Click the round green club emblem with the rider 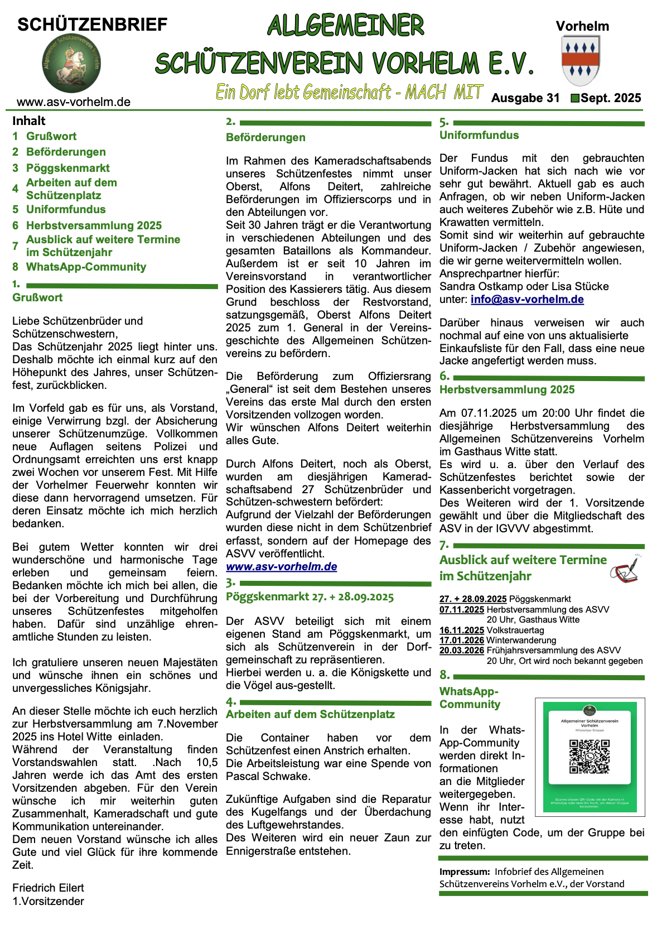pos(71,62)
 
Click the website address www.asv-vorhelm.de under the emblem pos(74,102)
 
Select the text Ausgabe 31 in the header pos(525,98)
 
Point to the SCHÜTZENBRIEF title pos(92,25)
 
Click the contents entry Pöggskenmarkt pos(67,168)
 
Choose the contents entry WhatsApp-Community pos(86,267)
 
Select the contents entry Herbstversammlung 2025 pos(94,225)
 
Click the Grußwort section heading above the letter pos(37,297)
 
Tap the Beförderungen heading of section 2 pos(265,137)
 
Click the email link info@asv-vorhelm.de pos(527,300)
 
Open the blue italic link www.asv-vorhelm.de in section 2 pos(281,567)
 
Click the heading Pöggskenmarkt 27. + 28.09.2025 pos(310,597)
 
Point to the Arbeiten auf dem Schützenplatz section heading pos(310,714)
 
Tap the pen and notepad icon pos(625,569)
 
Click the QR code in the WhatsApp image pos(589,756)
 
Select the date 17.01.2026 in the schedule pos(462,641)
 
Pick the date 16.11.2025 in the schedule pos(462,630)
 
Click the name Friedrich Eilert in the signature pos(48,888)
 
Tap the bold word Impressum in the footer pos(464,872)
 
